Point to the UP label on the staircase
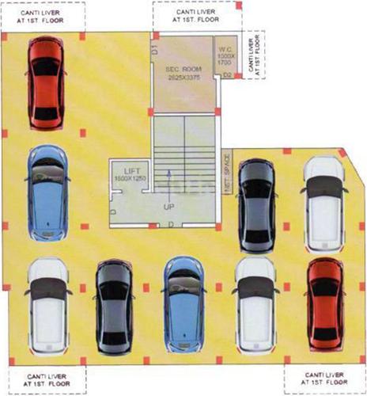[168, 205]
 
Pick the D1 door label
[156, 49]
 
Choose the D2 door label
[226, 75]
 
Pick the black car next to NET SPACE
[255, 203]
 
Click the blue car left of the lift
[47, 192]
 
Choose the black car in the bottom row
[114, 307]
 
